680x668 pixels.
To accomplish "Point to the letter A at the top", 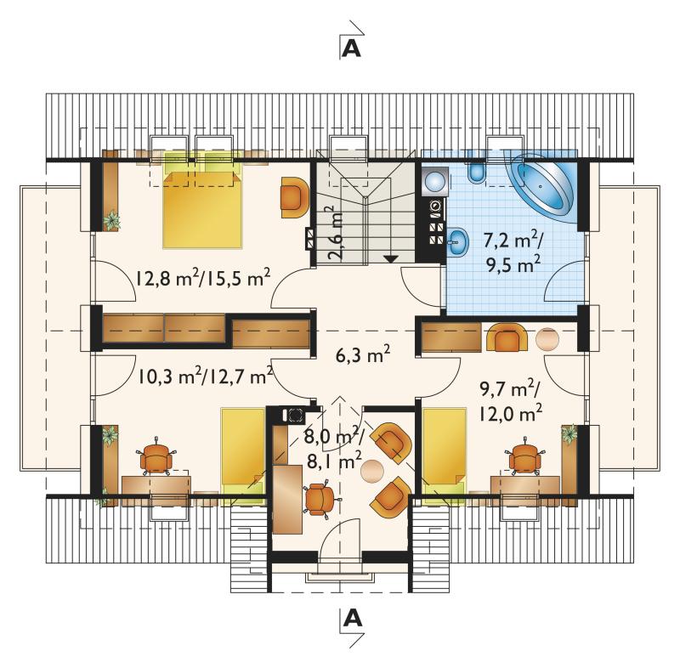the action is point(351,49).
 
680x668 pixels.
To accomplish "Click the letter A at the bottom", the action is point(352,618).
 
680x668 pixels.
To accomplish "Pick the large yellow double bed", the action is point(202,209).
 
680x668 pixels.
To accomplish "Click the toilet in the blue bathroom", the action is point(476,172).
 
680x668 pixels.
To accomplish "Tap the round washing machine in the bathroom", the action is point(434,180).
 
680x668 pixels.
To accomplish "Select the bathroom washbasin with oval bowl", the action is point(458,241).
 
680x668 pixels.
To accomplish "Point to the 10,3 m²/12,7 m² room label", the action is point(206,376).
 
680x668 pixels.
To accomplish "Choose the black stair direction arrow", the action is point(391,259).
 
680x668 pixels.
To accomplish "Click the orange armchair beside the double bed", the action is point(295,197).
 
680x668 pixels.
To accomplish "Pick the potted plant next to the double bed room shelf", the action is point(112,220).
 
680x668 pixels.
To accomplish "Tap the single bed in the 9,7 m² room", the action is point(445,456).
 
